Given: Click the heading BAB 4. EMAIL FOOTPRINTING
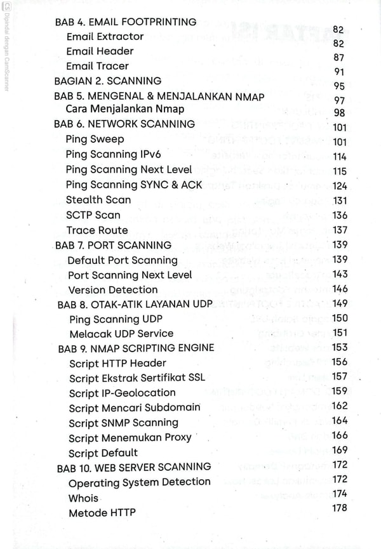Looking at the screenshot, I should (125, 22).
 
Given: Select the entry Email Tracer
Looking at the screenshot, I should (97, 66).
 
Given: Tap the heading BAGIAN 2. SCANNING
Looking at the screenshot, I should (107, 81).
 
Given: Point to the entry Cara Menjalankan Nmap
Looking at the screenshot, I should (124, 109).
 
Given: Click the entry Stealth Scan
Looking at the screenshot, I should (98, 200).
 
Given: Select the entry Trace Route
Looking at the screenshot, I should (97, 230).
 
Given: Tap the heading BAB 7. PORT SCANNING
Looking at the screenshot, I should (113, 245).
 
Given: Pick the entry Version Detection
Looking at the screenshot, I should (112, 290).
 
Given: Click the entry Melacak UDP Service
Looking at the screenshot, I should (121, 333).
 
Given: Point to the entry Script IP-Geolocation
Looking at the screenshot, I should (122, 393).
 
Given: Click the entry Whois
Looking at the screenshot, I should (83, 498).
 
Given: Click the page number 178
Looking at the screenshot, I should (340, 508).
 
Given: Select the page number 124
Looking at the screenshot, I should (340, 186).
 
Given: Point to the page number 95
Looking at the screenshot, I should (339, 86).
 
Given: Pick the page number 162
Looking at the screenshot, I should (340, 406).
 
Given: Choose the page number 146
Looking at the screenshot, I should (340, 289).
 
